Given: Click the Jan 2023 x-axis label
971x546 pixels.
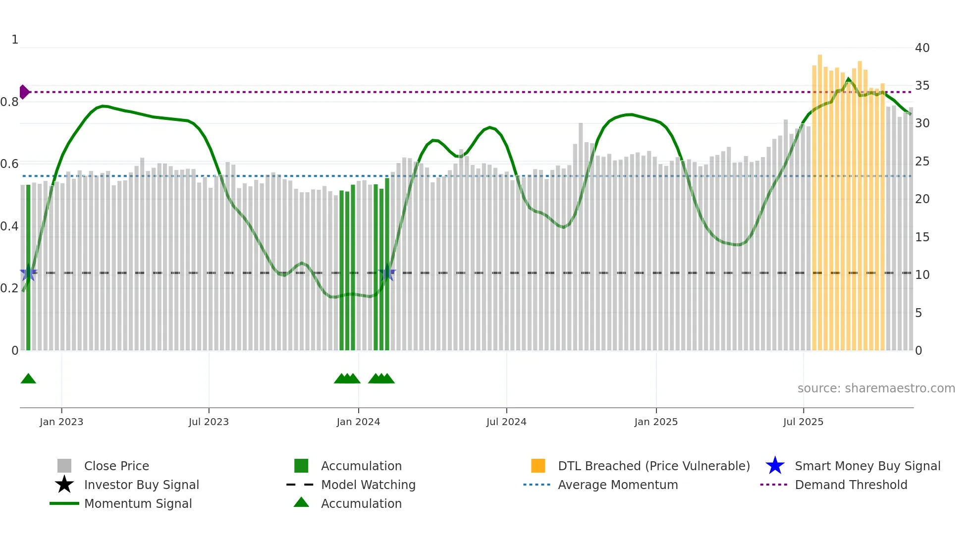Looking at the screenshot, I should pos(61,422).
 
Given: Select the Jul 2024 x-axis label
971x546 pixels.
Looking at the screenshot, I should pos(506,422).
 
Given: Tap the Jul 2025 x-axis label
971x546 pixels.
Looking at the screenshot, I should pos(803,422).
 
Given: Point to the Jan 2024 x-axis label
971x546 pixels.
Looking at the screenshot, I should pos(358,422).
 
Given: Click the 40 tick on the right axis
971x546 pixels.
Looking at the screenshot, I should pos(922,48).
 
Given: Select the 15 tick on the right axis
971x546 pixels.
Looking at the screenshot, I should pos(922,237).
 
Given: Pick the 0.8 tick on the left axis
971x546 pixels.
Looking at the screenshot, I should pos(9,102).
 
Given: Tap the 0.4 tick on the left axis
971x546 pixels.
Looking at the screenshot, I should pos(9,226).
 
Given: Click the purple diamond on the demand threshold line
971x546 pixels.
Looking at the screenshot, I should pos(24,92).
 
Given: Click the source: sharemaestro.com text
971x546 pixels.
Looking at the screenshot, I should pos(876,388).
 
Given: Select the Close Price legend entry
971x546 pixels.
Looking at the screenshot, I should pos(116,466).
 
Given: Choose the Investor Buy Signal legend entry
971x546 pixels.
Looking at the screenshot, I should pos(141,485).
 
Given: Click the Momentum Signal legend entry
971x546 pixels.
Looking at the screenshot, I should pos(138,503).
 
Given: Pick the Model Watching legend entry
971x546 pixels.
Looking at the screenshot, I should pos(368,485).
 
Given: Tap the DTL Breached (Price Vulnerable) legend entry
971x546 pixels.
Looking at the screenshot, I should pos(653,466).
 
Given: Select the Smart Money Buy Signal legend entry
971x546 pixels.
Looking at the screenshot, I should pos(867,466).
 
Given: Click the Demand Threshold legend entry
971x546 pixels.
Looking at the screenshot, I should pos(851,485).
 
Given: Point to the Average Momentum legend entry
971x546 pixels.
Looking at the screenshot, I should pos(618,485).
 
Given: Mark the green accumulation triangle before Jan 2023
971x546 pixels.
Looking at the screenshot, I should pos(28,379).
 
